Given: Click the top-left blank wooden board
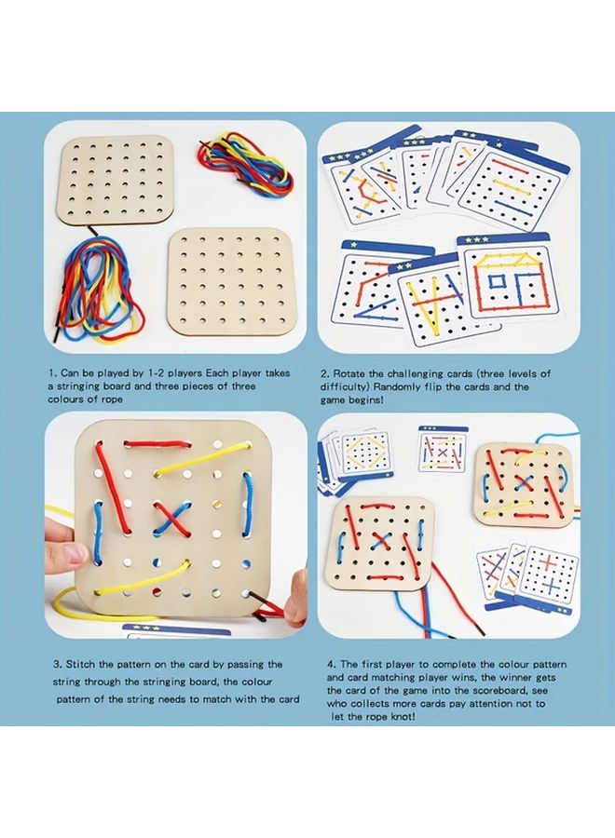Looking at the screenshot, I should [x=117, y=180].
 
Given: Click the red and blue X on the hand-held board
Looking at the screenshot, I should [x=171, y=516].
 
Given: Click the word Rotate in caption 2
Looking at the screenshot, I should [x=362, y=372].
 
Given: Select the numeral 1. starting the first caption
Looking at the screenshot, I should [x=53, y=372].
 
